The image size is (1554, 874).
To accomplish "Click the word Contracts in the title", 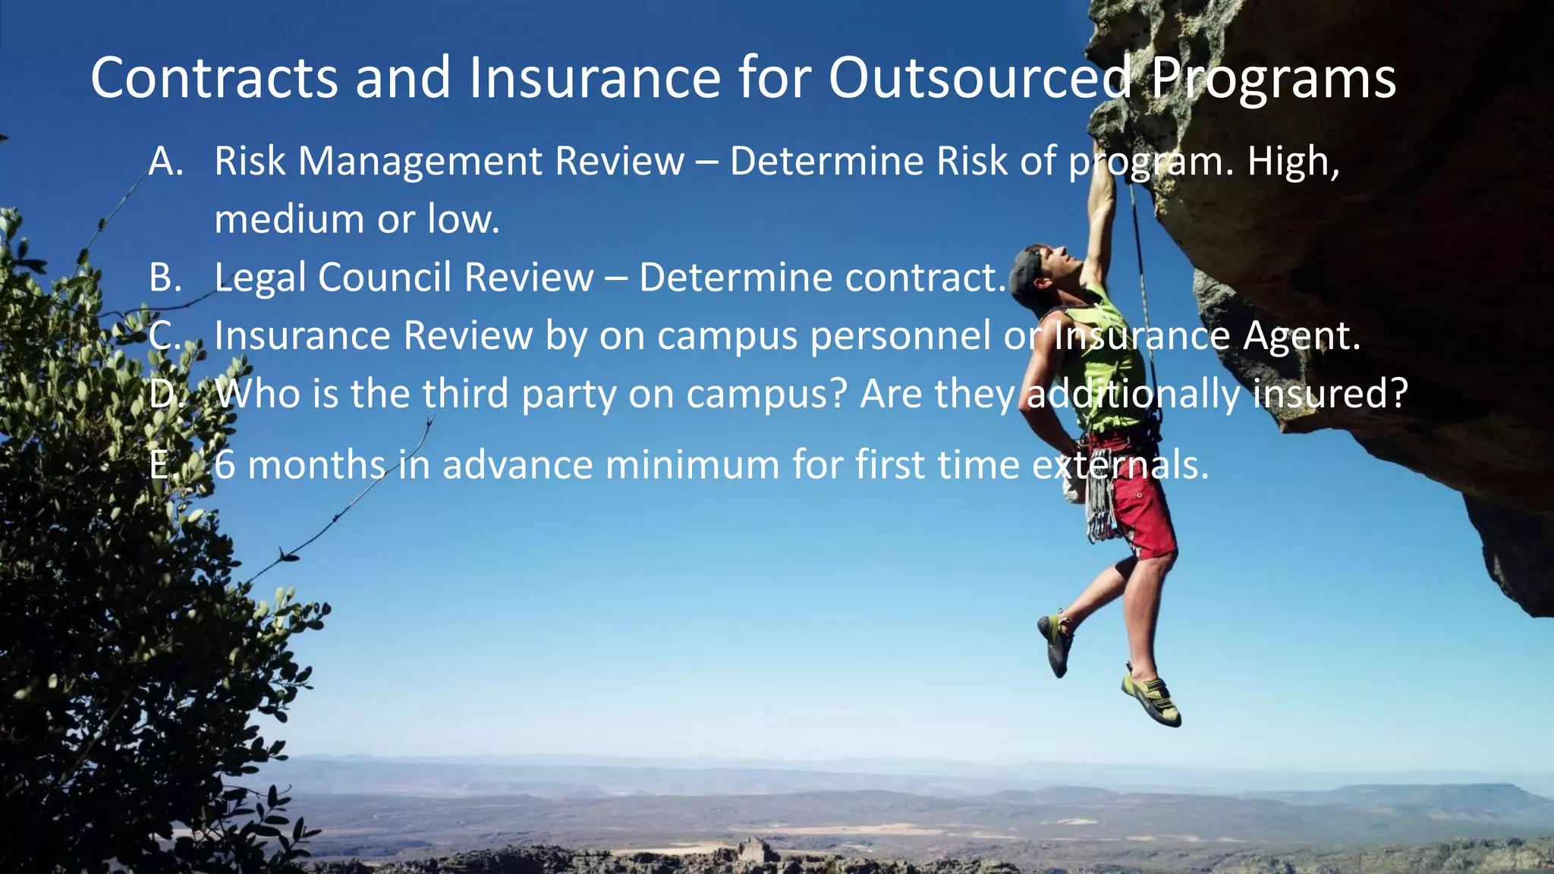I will [214, 78].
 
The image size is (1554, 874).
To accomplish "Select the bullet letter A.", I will [166, 162].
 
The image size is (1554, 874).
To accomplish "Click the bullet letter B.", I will [165, 278].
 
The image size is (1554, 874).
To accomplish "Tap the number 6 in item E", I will [225, 465].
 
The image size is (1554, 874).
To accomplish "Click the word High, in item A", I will [1294, 162].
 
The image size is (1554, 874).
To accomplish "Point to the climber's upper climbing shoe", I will [1056, 642].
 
